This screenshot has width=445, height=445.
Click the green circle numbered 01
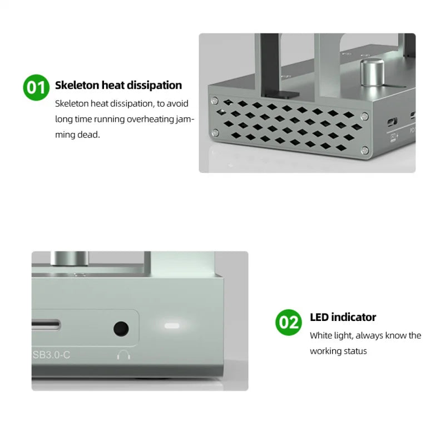click(x=36, y=87)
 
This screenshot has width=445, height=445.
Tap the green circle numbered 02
click(x=289, y=322)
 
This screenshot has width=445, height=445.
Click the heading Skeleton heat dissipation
click(x=118, y=85)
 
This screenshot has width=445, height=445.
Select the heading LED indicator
click(x=343, y=317)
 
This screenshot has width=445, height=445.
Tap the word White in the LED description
click(x=321, y=335)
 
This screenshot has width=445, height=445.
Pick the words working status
click(x=338, y=351)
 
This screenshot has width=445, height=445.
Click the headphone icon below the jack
click(x=123, y=354)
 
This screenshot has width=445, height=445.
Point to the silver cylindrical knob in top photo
click(x=368, y=72)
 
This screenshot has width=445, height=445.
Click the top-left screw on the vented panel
click(x=214, y=101)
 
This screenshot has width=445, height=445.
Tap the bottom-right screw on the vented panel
click(x=364, y=149)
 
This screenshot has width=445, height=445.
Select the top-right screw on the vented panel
click(x=364, y=116)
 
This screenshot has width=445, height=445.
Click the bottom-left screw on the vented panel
click(x=214, y=132)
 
